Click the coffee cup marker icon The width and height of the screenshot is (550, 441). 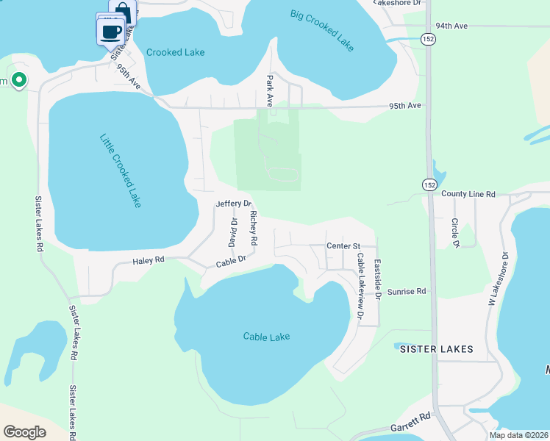[x=111, y=32]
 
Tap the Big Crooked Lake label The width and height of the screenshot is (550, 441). [x=322, y=30]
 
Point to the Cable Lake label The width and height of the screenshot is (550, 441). [x=266, y=337]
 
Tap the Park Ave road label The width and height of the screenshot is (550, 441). [x=271, y=90]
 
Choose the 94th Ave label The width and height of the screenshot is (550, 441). [x=451, y=26]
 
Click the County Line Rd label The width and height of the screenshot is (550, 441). [x=468, y=194]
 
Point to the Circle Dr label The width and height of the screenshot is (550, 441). [x=455, y=232]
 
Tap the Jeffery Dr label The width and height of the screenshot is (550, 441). [x=234, y=204]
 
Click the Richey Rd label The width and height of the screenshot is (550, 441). [x=254, y=228]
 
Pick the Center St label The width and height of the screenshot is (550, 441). [x=343, y=246]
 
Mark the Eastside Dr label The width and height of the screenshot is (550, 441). [x=376, y=279]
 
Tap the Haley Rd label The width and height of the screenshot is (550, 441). [x=148, y=260]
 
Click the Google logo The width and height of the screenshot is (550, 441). [x=24, y=431]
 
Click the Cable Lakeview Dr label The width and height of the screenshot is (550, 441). [x=360, y=286]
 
